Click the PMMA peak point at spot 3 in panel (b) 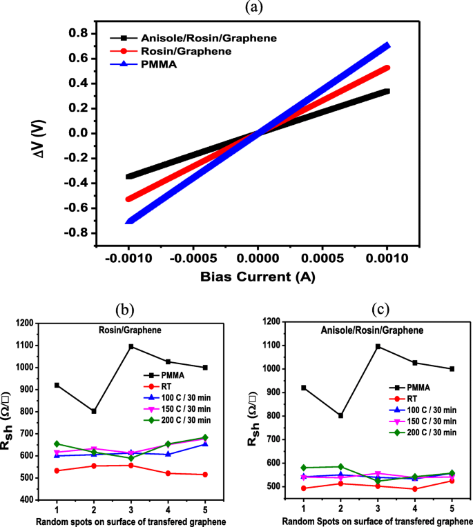(131, 346)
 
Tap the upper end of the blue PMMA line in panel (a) (387, 46)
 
